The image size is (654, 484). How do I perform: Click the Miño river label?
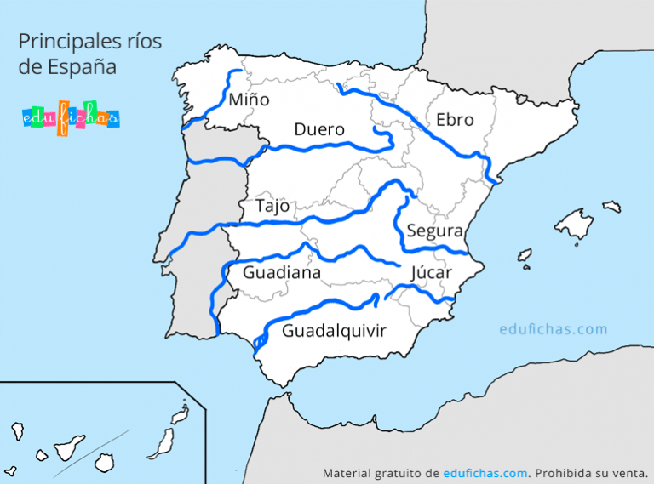point(249,100)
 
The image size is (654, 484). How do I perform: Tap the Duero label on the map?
point(319,130)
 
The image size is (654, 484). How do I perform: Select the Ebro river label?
point(454,120)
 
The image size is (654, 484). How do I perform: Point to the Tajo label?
point(272,207)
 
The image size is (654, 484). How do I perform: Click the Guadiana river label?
point(282,272)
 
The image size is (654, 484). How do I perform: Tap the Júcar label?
point(431,272)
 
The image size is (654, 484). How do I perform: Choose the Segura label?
point(434,231)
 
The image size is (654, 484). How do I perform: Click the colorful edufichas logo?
point(70,118)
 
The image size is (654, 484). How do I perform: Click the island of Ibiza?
point(525,254)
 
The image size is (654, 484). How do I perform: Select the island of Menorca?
point(611,206)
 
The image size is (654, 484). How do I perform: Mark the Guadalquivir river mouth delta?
point(258,343)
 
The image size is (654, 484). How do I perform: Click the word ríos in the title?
point(141,40)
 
